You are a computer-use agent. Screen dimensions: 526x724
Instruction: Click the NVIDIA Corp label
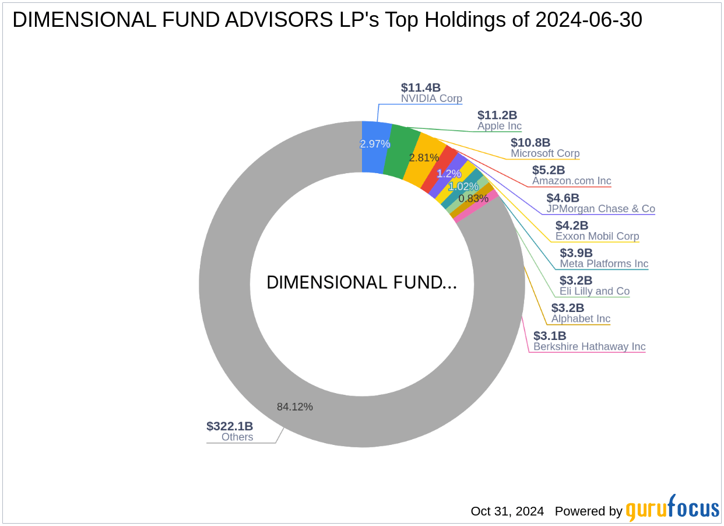[431, 99]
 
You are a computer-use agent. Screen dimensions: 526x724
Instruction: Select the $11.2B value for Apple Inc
[497, 115]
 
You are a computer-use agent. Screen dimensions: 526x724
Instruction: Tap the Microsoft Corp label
[545, 154]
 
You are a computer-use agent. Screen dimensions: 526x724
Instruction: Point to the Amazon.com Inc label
[571, 181]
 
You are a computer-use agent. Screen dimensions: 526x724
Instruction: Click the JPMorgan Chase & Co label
[600, 209]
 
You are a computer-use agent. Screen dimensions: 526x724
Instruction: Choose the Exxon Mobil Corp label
[597, 236]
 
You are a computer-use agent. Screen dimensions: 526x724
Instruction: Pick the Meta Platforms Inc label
[604, 264]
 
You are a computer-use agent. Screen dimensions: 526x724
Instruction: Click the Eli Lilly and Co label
[595, 291]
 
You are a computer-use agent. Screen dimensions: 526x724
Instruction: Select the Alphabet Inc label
[581, 319]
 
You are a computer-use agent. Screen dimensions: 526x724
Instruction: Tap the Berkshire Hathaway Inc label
[589, 347]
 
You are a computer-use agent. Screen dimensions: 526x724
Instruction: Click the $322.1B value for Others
[230, 426]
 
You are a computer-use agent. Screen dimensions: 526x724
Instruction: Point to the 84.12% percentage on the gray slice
[295, 407]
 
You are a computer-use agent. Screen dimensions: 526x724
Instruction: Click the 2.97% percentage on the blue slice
[375, 144]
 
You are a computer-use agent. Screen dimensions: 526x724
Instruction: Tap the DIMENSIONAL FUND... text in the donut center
[361, 283]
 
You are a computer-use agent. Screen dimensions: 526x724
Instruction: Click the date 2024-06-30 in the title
[589, 20]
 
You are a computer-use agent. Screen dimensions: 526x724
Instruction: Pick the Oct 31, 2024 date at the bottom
[507, 511]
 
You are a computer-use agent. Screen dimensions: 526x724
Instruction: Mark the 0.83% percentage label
[473, 198]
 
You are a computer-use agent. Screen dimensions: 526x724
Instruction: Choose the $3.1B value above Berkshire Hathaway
[550, 336]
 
